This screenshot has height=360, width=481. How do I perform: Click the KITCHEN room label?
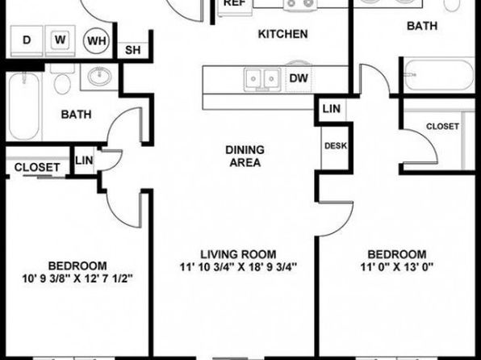(x=282, y=34)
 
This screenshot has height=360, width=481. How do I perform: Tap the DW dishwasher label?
(x=299, y=78)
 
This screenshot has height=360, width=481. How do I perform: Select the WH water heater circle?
(x=97, y=40)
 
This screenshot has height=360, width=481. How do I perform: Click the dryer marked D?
(x=27, y=41)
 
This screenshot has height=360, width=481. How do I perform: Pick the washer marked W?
(x=60, y=41)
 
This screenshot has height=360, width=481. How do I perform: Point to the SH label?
(x=133, y=50)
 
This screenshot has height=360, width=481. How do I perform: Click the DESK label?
(x=335, y=146)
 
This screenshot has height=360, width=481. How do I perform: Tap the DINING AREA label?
(x=245, y=157)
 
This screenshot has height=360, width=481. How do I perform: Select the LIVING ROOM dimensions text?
(x=238, y=267)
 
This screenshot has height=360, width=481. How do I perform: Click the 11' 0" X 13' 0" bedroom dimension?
(x=396, y=267)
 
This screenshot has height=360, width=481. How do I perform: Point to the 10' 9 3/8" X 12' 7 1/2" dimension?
(x=77, y=278)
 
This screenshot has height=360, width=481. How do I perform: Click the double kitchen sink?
(x=262, y=79)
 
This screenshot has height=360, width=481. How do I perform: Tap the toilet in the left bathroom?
(x=62, y=79)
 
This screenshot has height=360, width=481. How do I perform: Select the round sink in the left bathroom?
(x=99, y=76)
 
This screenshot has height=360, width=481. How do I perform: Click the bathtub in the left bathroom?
(x=24, y=106)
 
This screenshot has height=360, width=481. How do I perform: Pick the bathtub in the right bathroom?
(x=439, y=74)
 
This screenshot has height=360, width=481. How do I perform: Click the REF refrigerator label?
(x=235, y=3)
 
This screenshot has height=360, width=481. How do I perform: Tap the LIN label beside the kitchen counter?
(x=332, y=109)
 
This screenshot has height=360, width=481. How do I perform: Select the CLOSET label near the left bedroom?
(x=37, y=167)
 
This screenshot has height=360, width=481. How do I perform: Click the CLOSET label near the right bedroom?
(x=442, y=126)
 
